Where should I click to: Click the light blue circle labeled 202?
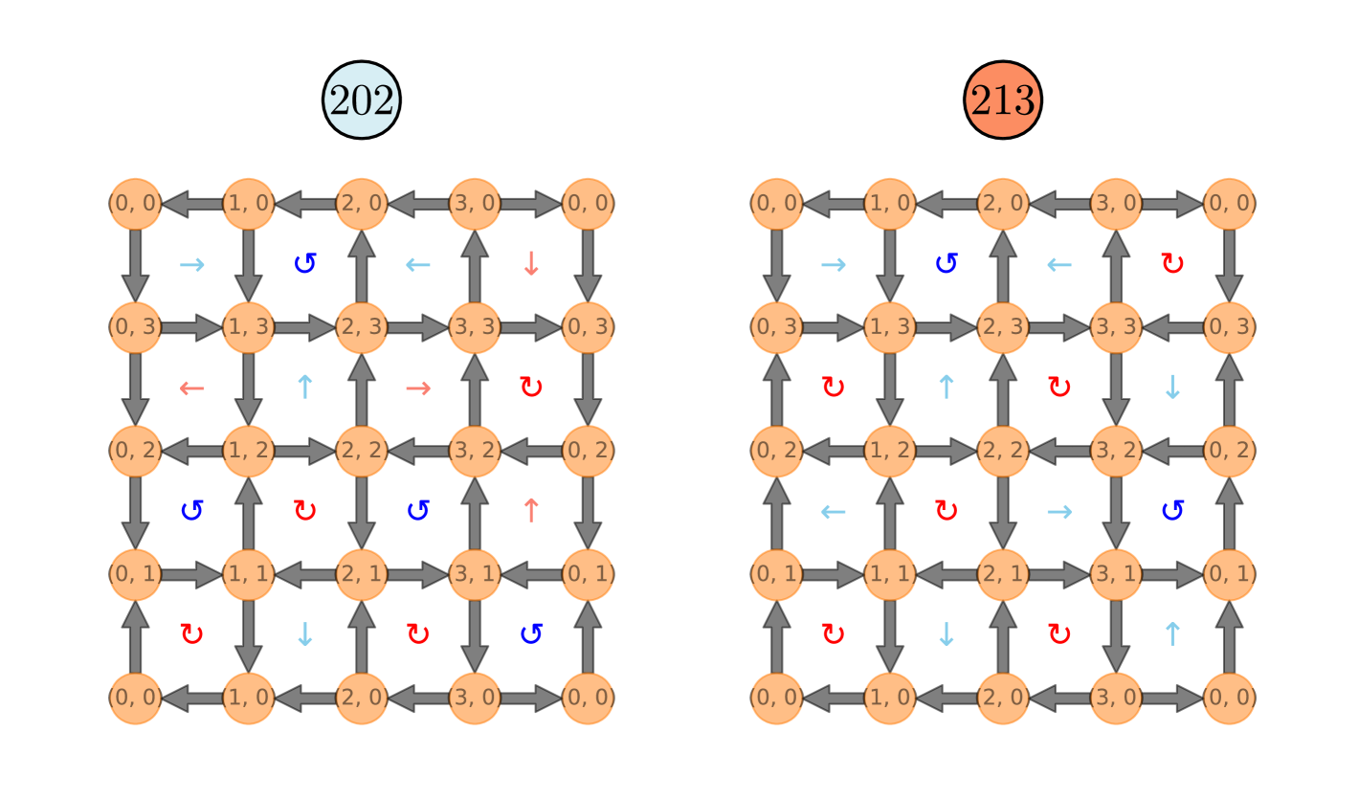pyautogui.click(x=362, y=100)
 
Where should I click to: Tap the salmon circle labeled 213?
pyautogui.click(x=1003, y=100)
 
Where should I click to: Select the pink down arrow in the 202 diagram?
pyautogui.click(x=531, y=263)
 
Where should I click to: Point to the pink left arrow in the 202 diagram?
pyautogui.click(x=192, y=388)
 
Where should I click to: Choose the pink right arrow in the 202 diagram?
pyautogui.click(x=418, y=388)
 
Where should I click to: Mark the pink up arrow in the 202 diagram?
pyautogui.click(x=531, y=510)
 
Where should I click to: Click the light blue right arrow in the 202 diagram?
pyautogui.click(x=192, y=264)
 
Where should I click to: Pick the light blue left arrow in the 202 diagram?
pyautogui.click(x=418, y=264)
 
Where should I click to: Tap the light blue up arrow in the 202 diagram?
pyautogui.click(x=305, y=387)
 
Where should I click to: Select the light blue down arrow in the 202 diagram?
pyautogui.click(x=305, y=633)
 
